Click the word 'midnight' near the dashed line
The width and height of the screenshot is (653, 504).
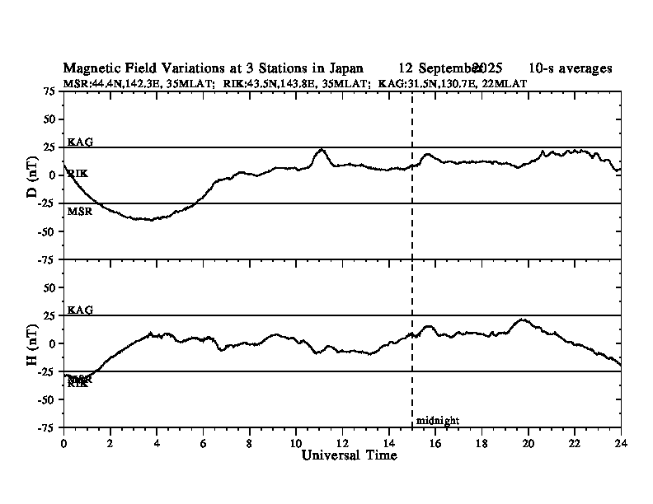tap(437, 421)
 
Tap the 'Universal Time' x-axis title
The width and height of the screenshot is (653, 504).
tap(342, 455)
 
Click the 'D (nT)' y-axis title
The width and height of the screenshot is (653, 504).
tap(32, 175)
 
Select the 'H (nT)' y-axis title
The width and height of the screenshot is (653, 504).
tap(32, 343)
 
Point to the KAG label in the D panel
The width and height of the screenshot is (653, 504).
tap(80, 142)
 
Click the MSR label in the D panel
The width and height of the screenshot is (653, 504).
tap(79, 211)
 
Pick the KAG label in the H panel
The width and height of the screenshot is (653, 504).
tap(80, 310)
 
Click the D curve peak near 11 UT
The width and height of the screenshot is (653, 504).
tap(321, 150)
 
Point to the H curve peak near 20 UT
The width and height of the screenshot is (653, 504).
tap(522, 320)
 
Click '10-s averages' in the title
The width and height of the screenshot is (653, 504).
tap(571, 68)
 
